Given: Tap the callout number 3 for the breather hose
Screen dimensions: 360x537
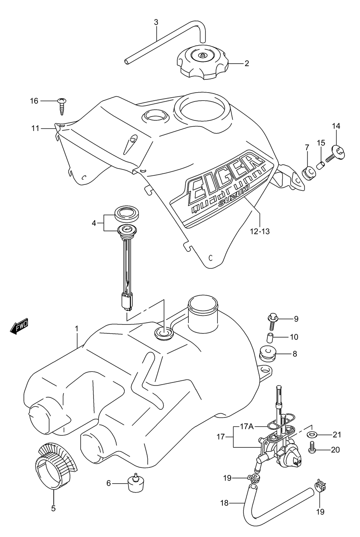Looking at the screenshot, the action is point(156,23).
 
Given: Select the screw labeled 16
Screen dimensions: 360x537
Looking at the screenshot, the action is point(62,106).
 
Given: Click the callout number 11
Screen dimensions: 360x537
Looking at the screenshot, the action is point(35,128).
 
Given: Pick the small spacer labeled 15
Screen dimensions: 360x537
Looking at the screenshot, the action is point(321,166).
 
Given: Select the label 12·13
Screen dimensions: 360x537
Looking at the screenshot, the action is point(260,231).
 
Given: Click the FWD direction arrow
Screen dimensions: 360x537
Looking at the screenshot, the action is point(19,326).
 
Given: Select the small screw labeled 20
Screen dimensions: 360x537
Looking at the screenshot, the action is point(312,448).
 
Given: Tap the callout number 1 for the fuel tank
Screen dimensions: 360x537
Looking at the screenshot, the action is point(77,329).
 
